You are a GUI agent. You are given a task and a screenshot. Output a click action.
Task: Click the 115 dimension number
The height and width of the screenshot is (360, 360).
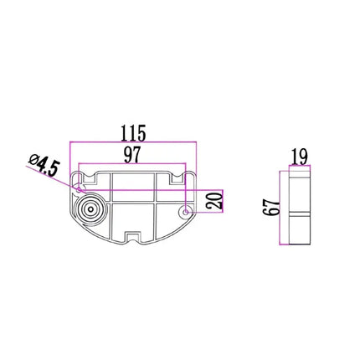133,131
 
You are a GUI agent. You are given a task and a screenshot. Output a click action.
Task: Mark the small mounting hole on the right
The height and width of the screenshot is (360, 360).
185,213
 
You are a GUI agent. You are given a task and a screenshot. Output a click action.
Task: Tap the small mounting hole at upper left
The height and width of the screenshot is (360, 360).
79,177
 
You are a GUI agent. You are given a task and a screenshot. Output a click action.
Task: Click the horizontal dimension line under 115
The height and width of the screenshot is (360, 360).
133,142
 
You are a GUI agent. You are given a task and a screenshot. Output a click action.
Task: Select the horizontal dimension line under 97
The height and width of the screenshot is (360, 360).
132,164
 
